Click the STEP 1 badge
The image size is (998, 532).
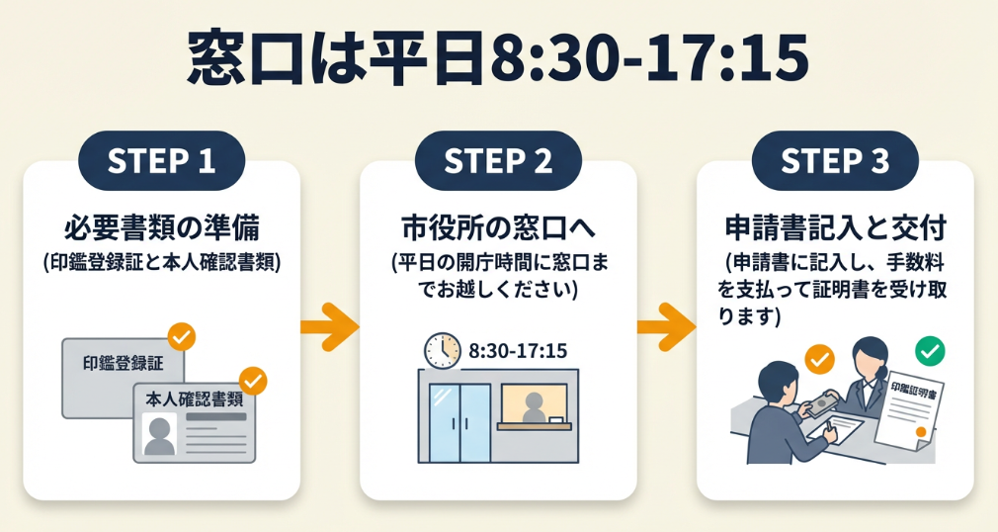tap(160, 161)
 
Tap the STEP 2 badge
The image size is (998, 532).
tap(498, 161)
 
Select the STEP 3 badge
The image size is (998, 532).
tap(835, 161)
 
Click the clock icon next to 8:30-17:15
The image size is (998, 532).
tap(443, 350)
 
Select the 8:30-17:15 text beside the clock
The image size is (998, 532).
tap(518, 351)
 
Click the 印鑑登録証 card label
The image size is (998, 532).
tap(123, 362)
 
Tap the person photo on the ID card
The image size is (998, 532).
tap(158, 435)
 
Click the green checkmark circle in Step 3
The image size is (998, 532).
tap(929, 349)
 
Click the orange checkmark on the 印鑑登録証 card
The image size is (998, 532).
tap(181, 336)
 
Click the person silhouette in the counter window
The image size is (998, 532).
tap(534, 405)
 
